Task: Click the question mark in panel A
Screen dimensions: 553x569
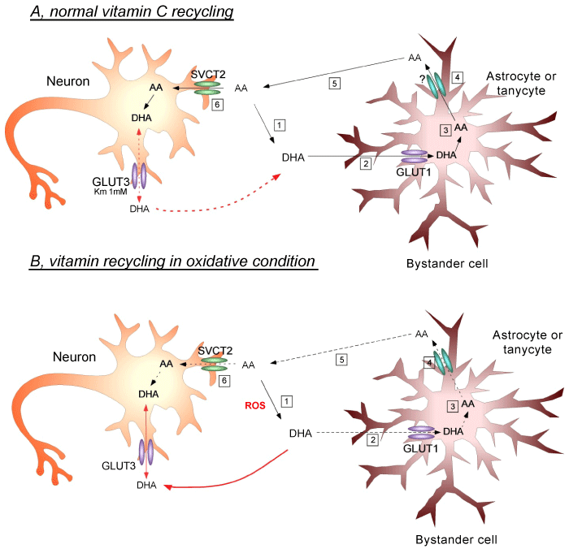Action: click(x=421, y=77)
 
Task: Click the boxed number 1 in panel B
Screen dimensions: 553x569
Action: click(x=286, y=401)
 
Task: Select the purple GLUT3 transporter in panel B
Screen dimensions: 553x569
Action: click(x=146, y=451)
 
